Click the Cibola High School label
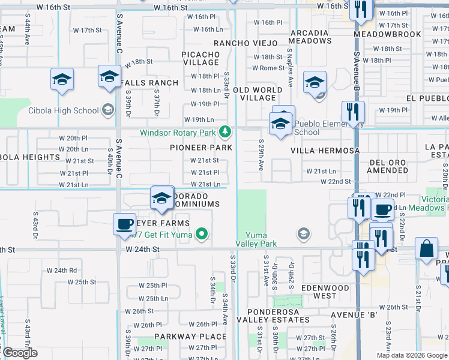click(x=63, y=110)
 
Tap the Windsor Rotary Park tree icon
click(x=225, y=131)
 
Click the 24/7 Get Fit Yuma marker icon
click(x=203, y=234)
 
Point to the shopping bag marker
click(x=426, y=248)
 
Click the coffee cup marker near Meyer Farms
click(x=125, y=224)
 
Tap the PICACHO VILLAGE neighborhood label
click(x=200, y=58)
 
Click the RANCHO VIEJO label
click(x=246, y=43)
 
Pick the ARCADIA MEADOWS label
click(x=310, y=37)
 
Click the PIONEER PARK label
click(x=201, y=148)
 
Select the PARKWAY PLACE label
click(x=182, y=337)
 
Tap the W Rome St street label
click(x=268, y=68)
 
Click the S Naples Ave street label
click(x=291, y=67)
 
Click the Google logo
click(x=19, y=353)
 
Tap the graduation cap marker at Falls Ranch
click(x=110, y=77)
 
